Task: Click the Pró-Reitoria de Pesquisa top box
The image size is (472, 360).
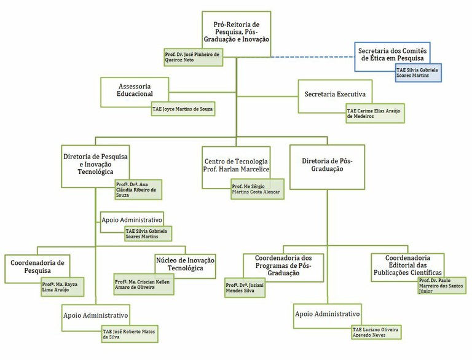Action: click(x=236, y=31)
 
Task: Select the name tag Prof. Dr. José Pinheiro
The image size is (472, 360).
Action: click(x=193, y=57)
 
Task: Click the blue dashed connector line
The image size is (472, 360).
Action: click(x=313, y=57)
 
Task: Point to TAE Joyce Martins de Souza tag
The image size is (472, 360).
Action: click(x=183, y=109)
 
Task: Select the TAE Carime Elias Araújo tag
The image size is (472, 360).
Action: click(x=375, y=114)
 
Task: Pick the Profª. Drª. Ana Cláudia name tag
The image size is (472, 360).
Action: click(x=138, y=190)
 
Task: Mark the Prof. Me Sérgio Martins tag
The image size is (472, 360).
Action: click(x=258, y=189)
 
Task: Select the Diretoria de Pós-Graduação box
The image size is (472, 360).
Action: click(x=327, y=167)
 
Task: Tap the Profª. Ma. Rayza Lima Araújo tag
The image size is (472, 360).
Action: click(x=63, y=287)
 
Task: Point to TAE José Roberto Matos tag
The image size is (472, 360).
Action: click(x=130, y=334)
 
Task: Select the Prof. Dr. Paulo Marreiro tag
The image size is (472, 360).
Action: click(x=442, y=286)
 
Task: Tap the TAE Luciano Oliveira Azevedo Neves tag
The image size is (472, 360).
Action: click(x=376, y=332)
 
